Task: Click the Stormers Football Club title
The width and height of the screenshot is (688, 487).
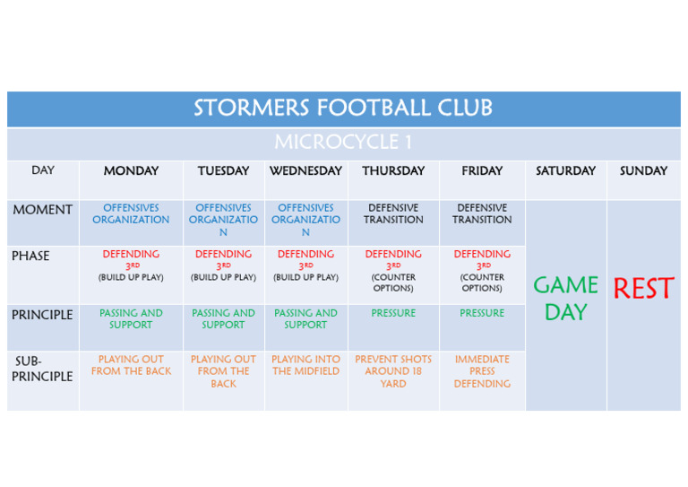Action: [x=343, y=108]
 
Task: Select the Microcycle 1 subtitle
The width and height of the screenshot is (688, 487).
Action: [x=343, y=142]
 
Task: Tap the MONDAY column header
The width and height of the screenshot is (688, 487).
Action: [x=131, y=170]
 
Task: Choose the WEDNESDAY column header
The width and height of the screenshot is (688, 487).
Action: [x=305, y=170]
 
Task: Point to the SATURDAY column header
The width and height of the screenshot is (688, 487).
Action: [x=565, y=170]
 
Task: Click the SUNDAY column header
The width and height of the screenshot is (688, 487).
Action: [x=643, y=170]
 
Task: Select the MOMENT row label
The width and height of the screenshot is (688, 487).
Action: [x=43, y=210]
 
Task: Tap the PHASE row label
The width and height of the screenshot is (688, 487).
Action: [x=30, y=256]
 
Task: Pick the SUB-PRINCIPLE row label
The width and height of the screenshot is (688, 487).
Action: [x=42, y=369]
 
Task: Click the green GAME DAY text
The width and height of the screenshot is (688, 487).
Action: [x=565, y=298]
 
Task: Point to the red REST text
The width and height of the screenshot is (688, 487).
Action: [x=643, y=288]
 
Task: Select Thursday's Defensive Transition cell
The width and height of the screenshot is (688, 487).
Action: [x=393, y=213]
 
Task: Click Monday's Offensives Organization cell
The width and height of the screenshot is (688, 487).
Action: [x=131, y=213]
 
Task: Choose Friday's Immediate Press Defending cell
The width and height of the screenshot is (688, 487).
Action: [x=482, y=371]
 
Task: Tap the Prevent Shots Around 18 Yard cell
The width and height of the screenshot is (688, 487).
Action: [x=393, y=371]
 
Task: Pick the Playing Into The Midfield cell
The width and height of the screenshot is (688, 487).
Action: [x=305, y=365]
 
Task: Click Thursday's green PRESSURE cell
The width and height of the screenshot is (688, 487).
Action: [x=393, y=313]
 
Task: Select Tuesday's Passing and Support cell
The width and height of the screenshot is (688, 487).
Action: [x=223, y=318]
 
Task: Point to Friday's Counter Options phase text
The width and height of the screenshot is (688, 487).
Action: [x=482, y=283]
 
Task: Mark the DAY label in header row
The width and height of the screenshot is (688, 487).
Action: [x=43, y=170]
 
